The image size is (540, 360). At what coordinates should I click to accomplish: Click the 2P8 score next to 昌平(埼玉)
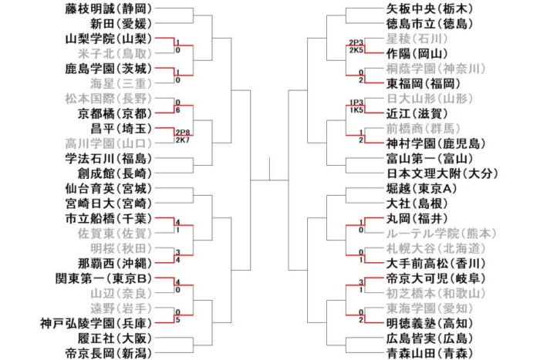[182, 132]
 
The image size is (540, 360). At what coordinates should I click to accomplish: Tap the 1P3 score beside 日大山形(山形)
[356, 102]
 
